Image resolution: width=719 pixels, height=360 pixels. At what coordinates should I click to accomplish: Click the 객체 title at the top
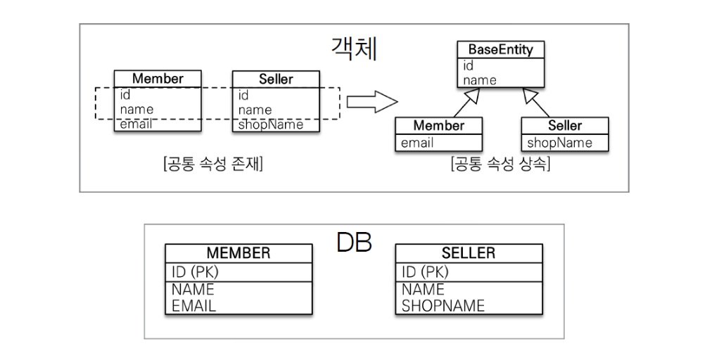(x=354, y=49)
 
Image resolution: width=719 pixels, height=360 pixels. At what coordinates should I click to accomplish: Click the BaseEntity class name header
(x=500, y=50)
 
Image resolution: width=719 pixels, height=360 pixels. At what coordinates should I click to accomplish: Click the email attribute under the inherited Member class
(x=417, y=143)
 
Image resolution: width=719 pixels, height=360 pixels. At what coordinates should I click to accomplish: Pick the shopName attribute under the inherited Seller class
(x=559, y=143)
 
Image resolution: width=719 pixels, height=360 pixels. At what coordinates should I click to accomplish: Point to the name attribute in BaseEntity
(x=479, y=80)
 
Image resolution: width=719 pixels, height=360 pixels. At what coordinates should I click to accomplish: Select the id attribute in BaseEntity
(x=468, y=66)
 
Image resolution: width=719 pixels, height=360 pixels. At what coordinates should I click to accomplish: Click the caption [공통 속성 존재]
(x=212, y=165)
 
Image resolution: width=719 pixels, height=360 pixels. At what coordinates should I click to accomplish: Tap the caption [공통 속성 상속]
(x=501, y=165)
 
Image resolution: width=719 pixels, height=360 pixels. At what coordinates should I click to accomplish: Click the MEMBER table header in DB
(x=238, y=253)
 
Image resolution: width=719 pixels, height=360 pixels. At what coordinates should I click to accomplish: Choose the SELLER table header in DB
(x=468, y=253)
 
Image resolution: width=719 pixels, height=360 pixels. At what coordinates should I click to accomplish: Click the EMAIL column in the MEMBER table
(x=193, y=306)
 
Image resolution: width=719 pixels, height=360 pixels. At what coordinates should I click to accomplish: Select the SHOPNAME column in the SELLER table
(x=443, y=306)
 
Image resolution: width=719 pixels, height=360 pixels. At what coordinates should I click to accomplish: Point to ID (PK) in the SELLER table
(x=425, y=272)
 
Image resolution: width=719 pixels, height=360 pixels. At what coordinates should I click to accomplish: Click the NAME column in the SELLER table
(x=423, y=290)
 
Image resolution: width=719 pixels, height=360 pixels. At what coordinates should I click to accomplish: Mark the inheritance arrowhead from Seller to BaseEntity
(x=530, y=96)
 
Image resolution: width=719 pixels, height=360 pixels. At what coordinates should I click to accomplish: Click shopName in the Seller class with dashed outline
(x=270, y=124)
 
